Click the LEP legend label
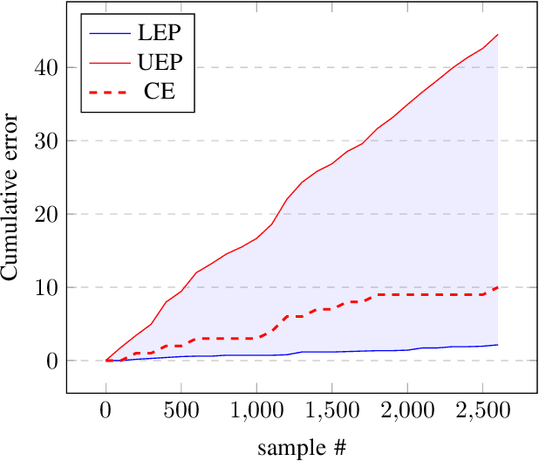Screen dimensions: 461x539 [160, 34]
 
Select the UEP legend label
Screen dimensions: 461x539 [160, 62]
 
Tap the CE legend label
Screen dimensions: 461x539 [160, 91]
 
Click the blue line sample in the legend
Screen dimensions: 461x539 [108, 34]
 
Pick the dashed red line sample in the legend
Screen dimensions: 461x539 [108, 91]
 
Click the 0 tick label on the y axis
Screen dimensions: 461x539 [51, 361]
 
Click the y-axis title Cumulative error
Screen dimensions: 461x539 [12, 197]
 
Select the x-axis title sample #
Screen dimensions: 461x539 [301, 449]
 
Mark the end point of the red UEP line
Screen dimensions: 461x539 [497, 35]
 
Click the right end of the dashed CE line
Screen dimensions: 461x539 [497, 287]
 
